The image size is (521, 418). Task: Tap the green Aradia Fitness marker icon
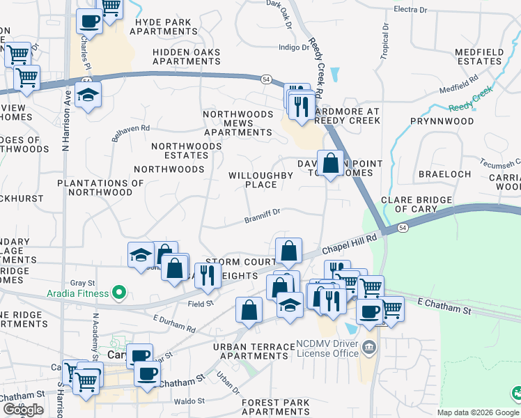(120, 293)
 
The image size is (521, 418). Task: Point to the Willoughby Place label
(262, 180)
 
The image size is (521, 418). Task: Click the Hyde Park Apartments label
(163, 26)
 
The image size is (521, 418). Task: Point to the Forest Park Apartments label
(275, 408)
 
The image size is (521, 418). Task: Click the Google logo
(23, 410)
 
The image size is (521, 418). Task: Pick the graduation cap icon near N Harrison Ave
(88, 95)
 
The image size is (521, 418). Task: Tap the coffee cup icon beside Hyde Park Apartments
(89, 21)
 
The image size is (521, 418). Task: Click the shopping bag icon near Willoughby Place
(330, 164)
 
